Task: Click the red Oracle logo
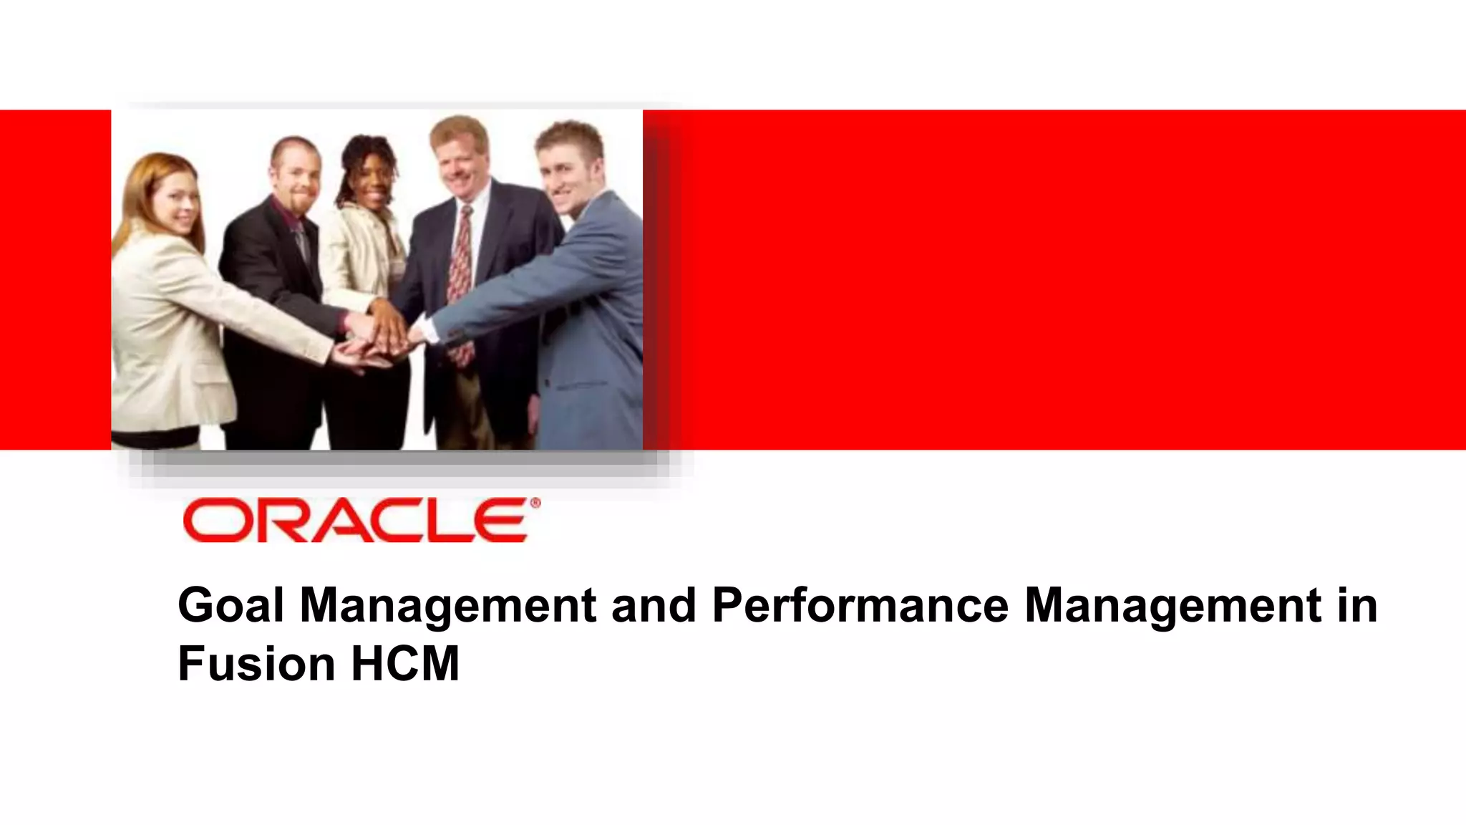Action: (356, 521)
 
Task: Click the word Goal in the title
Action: (230, 605)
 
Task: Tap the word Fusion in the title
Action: (256, 663)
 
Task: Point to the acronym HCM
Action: (405, 663)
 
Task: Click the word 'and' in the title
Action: (653, 605)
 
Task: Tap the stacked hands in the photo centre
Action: (379, 337)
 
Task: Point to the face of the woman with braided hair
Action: (373, 179)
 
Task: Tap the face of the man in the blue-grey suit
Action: (565, 172)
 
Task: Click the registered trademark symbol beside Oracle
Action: (534, 503)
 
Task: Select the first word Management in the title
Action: (447, 605)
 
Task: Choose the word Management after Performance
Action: (1173, 605)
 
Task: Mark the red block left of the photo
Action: (55, 279)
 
